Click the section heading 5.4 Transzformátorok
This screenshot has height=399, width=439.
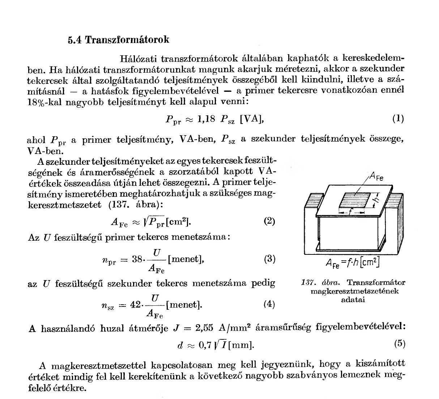(x=118, y=39)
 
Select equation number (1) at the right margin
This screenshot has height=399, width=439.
(x=398, y=119)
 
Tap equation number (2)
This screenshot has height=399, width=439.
(x=269, y=221)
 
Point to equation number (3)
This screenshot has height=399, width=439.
(x=269, y=259)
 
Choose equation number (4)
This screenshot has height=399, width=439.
(x=269, y=304)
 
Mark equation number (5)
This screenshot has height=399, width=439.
(x=400, y=344)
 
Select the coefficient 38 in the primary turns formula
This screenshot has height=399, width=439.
(x=138, y=259)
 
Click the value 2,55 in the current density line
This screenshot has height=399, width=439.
(x=205, y=328)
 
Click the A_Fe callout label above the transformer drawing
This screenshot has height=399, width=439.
(x=376, y=178)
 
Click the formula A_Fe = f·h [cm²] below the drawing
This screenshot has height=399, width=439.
(x=351, y=263)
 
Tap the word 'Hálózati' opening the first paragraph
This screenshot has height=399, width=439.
(x=138, y=59)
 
